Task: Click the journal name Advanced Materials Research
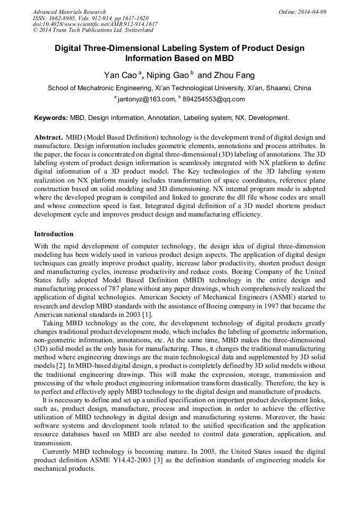click(x=70, y=12)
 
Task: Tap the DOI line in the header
click(x=95, y=24)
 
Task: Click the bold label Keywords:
click(x=50, y=117)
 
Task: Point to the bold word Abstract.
click(x=49, y=137)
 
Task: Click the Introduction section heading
click(x=54, y=234)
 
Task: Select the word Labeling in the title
click(x=169, y=48)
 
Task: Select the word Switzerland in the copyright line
click(x=137, y=31)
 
